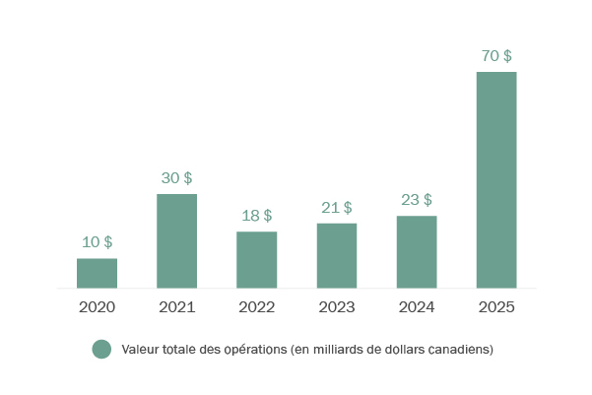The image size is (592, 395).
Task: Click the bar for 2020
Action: coord(97,273)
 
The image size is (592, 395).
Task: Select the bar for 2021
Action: coord(176,240)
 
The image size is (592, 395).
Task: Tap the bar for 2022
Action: coord(256,259)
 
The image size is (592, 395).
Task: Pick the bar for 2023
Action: coord(337,255)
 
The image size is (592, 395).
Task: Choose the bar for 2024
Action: coord(417,251)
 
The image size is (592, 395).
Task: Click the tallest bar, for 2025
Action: coord(496,179)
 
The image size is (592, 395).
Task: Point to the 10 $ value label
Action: coord(97,241)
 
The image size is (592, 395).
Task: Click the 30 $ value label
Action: coord(176,177)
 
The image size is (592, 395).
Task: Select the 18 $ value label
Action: coord(256,215)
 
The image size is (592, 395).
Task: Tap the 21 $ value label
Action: coord(337,207)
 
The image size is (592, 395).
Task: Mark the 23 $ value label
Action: coord(417,199)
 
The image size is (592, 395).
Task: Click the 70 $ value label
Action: coord(496,55)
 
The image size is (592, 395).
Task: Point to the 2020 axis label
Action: coord(97,307)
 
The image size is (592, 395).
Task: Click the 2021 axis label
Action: coord(176,307)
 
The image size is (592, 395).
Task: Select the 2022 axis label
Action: coord(256,307)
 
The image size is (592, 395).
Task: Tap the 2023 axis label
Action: coord(337,307)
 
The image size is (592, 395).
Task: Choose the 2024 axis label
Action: coord(417,307)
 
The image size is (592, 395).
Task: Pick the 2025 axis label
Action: coord(496,307)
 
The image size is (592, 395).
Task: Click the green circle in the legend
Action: coord(101,349)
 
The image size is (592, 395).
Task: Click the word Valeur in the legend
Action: coord(140,349)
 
